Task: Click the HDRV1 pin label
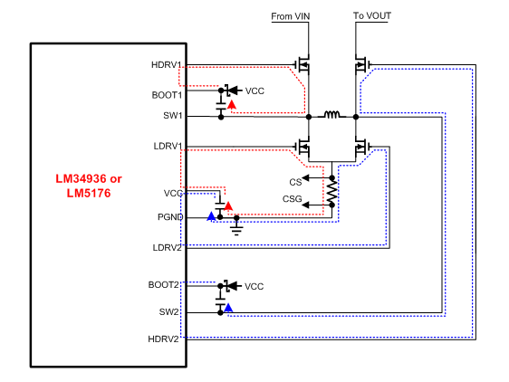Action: click(x=168, y=65)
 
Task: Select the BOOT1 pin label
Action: click(x=168, y=94)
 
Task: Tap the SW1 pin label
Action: click(x=172, y=116)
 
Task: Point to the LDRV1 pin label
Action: click(x=168, y=146)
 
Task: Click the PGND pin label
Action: click(x=170, y=217)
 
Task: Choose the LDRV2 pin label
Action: click(x=168, y=246)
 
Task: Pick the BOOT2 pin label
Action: click(x=168, y=284)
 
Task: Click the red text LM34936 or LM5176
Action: click(x=84, y=186)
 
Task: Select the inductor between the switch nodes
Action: click(x=332, y=116)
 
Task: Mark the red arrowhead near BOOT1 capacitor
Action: click(x=231, y=106)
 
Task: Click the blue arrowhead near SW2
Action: click(x=228, y=309)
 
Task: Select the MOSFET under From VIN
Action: click(x=304, y=65)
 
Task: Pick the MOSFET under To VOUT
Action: click(x=361, y=65)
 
